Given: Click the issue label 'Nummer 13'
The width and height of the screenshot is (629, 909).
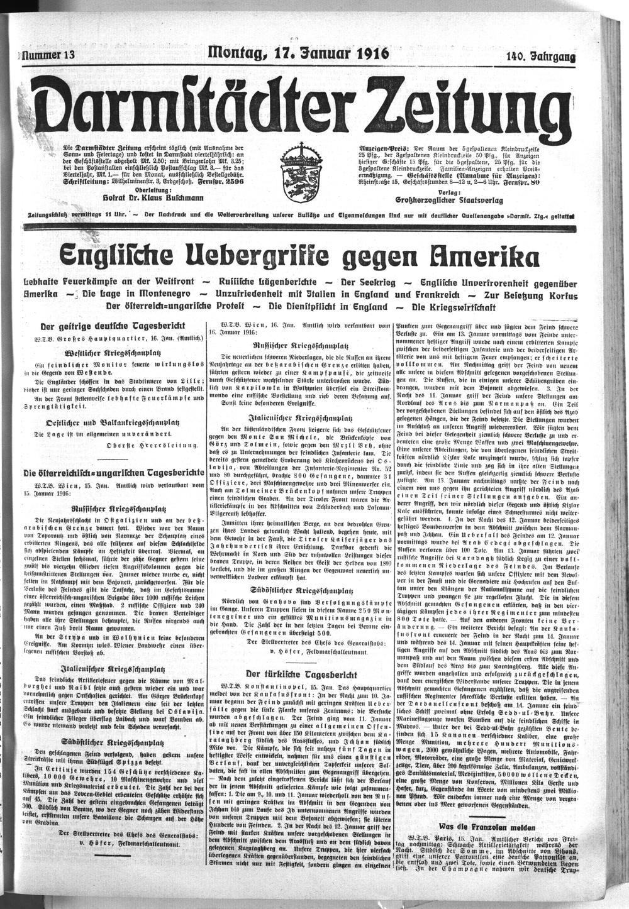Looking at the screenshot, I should (48, 55).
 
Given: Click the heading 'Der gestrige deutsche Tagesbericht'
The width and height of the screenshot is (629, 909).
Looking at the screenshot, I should (112, 326).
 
